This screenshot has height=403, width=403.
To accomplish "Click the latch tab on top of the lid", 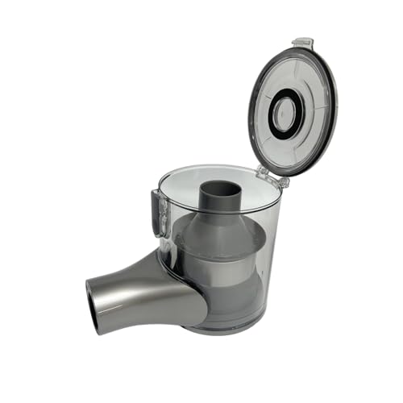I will pos(302,42).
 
